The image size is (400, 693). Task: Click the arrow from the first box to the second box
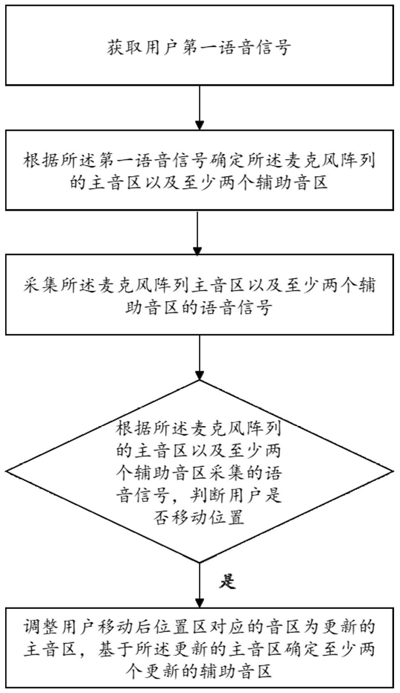(x=200, y=107)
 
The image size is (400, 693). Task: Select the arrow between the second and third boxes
(x=200, y=232)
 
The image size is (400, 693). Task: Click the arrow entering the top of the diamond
(x=200, y=357)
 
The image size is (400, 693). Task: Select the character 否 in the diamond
(x=125, y=517)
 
